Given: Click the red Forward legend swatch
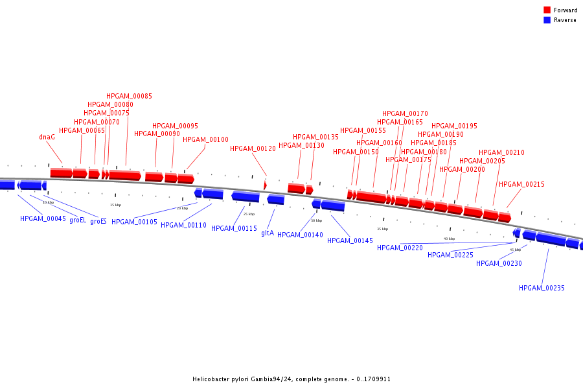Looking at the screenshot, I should pyautogui.click(x=547, y=10).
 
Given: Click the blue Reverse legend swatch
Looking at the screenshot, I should pyautogui.click(x=547, y=20).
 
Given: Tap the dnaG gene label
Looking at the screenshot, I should pyautogui.click(x=47, y=137).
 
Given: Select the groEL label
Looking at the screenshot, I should pyautogui.click(x=78, y=220).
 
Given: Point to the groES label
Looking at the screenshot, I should pyautogui.click(x=98, y=221).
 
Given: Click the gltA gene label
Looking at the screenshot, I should pyautogui.click(x=268, y=233).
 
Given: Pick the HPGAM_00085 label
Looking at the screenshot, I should pyautogui.click(x=130, y=96).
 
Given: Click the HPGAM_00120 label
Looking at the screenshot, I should pyautogui.click(x=253, y=148).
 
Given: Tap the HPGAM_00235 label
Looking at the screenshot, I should pyautogui.click(x=542, y=288).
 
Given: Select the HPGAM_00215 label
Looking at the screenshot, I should pyautogui.click(x=521, y=184).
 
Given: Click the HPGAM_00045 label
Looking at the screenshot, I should pyautogui.click(x=43, y=218).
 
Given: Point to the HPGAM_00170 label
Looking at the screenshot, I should pyautogui.click(x=405, y=113).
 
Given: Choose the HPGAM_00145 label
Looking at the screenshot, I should pyautogui.click(x=350, y=241).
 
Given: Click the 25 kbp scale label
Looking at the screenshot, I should pyautogui.click(x=249, y=214).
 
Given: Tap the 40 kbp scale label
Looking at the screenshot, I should pyautogui.click(x=449, y=239).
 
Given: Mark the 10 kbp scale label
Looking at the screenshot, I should pyautogui.click(x=48, y=202).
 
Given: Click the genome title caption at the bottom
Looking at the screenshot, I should pyautogui.click(x=291, y=379).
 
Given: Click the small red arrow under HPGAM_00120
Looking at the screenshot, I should pyautogui.click(x=265, y=185).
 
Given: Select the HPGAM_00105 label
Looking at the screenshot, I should pyautogui.click(x=134, y=222).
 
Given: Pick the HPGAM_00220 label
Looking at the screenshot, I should pyautogui.click(x=400, y=248).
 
